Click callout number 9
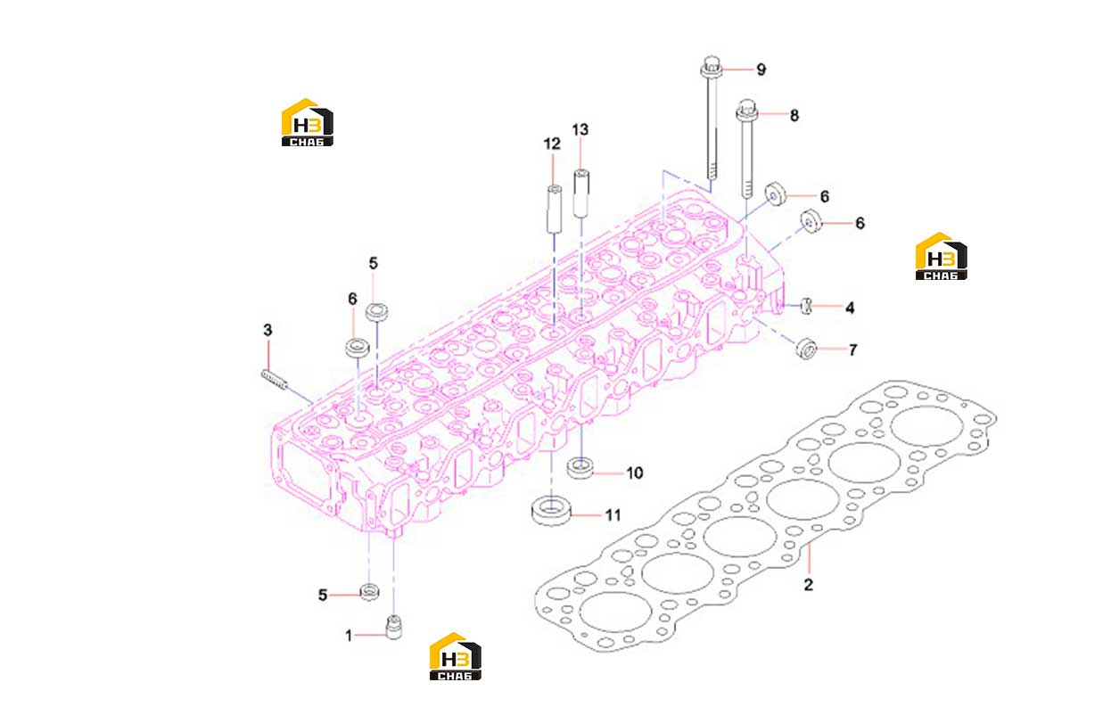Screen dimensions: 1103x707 tap(761, 70)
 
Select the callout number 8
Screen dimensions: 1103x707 tap(794, 116)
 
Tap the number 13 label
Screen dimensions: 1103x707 tap(580, 130)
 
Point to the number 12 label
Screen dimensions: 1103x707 tap(552, 144)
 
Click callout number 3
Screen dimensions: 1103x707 tap(268, 330)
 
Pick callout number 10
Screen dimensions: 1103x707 tap(635, 473)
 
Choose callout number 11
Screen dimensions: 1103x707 tap(613, 515)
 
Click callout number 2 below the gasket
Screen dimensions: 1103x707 tap(808, 584)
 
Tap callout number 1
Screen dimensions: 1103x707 tap(349, 636)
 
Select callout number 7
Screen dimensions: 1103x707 tap(852, 350)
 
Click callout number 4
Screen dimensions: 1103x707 tap(850, 308)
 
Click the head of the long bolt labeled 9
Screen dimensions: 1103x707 tap(712, 67)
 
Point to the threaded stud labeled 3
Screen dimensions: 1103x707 tap(273, 380)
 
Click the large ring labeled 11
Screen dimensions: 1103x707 tap(551, 511)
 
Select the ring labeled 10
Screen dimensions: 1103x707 tap(580, 468)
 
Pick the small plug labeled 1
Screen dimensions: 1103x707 tap(393, 628)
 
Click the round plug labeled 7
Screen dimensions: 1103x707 tap(807, 349)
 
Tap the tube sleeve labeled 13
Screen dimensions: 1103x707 tap(581, 193)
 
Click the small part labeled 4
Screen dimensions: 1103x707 tap(806, 306)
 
